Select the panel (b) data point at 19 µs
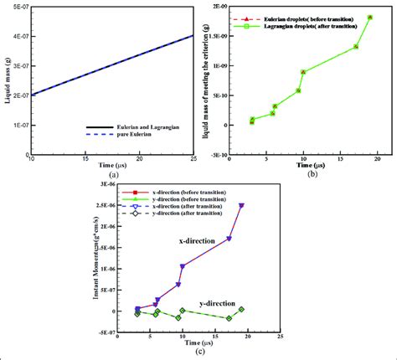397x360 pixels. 370,18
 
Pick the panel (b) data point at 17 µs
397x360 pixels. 356,47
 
